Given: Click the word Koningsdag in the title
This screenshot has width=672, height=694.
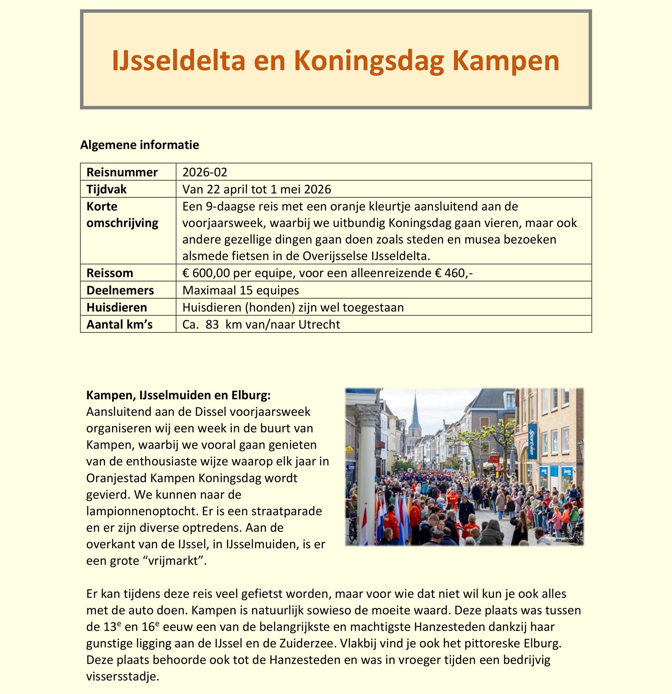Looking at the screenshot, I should click(x=369, y=61).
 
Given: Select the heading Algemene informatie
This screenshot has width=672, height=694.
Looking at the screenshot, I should click(x=140, y=145).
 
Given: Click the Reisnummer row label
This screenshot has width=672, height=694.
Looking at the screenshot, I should click(x=122, y=172).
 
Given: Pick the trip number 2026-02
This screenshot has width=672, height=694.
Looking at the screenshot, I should click(x=205, y=172).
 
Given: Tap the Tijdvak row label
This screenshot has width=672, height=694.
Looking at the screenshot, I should click(x=106, y=189).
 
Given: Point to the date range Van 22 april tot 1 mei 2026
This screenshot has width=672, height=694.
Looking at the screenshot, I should click(x=257, y=189).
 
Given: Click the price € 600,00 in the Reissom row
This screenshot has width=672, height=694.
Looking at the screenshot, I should click(x=206, y=273).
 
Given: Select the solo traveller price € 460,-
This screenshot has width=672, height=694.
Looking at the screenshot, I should click(x=454, y=273).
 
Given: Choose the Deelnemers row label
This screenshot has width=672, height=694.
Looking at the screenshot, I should click(x=120, y=290).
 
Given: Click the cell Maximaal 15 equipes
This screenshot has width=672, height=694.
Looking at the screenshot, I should click(x=240, y=290).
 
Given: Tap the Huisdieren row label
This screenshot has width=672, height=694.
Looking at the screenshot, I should click(x=117, y=307).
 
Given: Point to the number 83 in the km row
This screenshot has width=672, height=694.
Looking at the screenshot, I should click(x=212, y=324).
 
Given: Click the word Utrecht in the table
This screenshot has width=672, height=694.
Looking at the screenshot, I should click(x=319, y=324).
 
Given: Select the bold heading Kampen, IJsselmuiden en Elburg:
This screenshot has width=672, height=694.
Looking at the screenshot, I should click(x=178, y=395).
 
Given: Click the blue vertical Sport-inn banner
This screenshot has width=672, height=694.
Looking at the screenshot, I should click(x=531, y=441).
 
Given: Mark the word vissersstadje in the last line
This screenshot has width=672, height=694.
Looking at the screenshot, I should click(x=122, y=676).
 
